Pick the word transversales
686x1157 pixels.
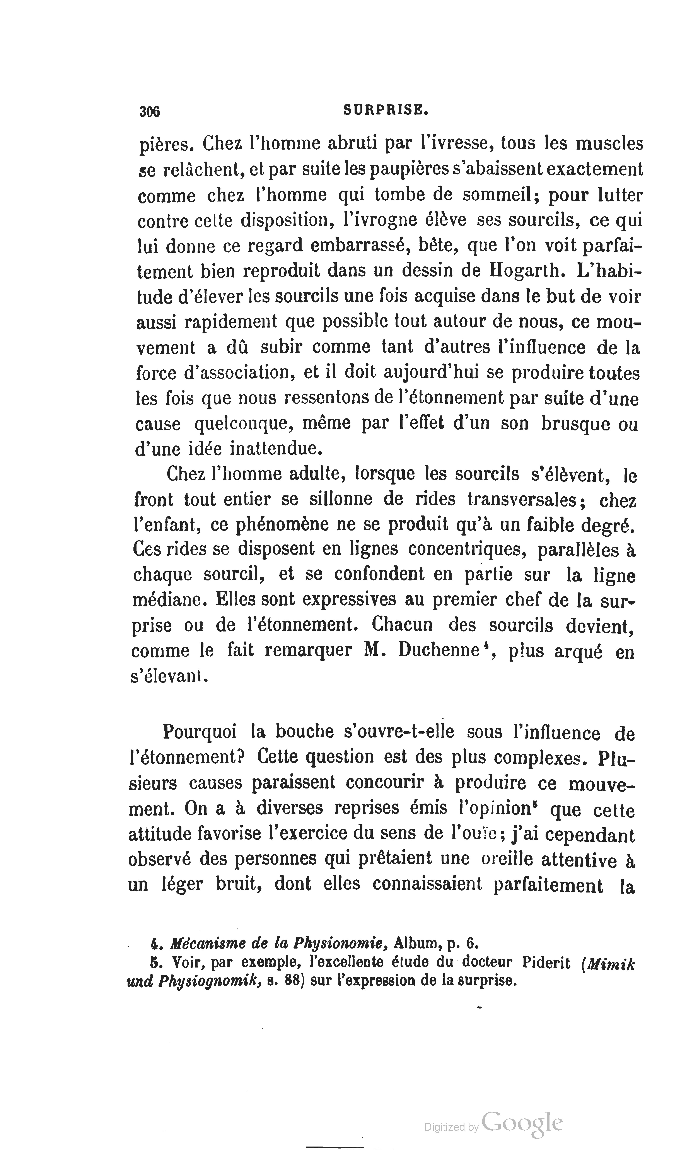click(522, 500)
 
